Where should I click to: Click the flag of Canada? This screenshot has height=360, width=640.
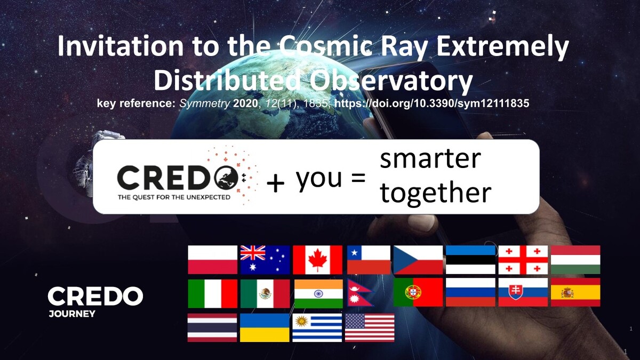coord(317,260)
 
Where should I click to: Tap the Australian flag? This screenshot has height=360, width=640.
coord(265,260)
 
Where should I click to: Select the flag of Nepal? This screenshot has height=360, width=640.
coord(361,293)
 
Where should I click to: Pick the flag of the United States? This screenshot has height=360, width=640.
coord(370,327)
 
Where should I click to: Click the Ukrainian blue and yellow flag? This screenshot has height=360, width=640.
coord(265,327)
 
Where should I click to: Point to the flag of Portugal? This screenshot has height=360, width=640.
coord(418,292)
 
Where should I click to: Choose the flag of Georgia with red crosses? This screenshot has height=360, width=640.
coord(523,260)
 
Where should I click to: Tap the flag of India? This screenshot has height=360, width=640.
coord(318,294)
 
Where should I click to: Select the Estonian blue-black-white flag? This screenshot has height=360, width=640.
coord(470,260)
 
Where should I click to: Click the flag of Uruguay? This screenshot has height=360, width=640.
coord(317,327)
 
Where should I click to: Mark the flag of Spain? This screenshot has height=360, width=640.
coord(575,292)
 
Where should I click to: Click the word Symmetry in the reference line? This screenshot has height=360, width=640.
coord(205,103)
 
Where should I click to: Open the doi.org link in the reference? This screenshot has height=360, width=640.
coord(431,103)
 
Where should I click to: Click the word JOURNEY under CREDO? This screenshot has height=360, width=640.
coord(72,314)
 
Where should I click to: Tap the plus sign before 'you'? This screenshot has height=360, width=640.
coord(275,183)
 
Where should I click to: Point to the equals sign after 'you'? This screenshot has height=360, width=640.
coord(358,178)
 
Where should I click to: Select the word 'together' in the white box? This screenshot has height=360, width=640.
coord(435,193)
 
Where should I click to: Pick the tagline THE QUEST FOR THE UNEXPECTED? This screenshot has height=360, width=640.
coord(174,197)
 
